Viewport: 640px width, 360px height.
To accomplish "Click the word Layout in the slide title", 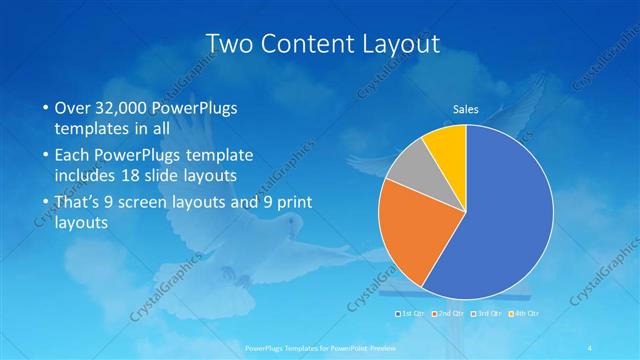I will (x=395, y=44).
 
